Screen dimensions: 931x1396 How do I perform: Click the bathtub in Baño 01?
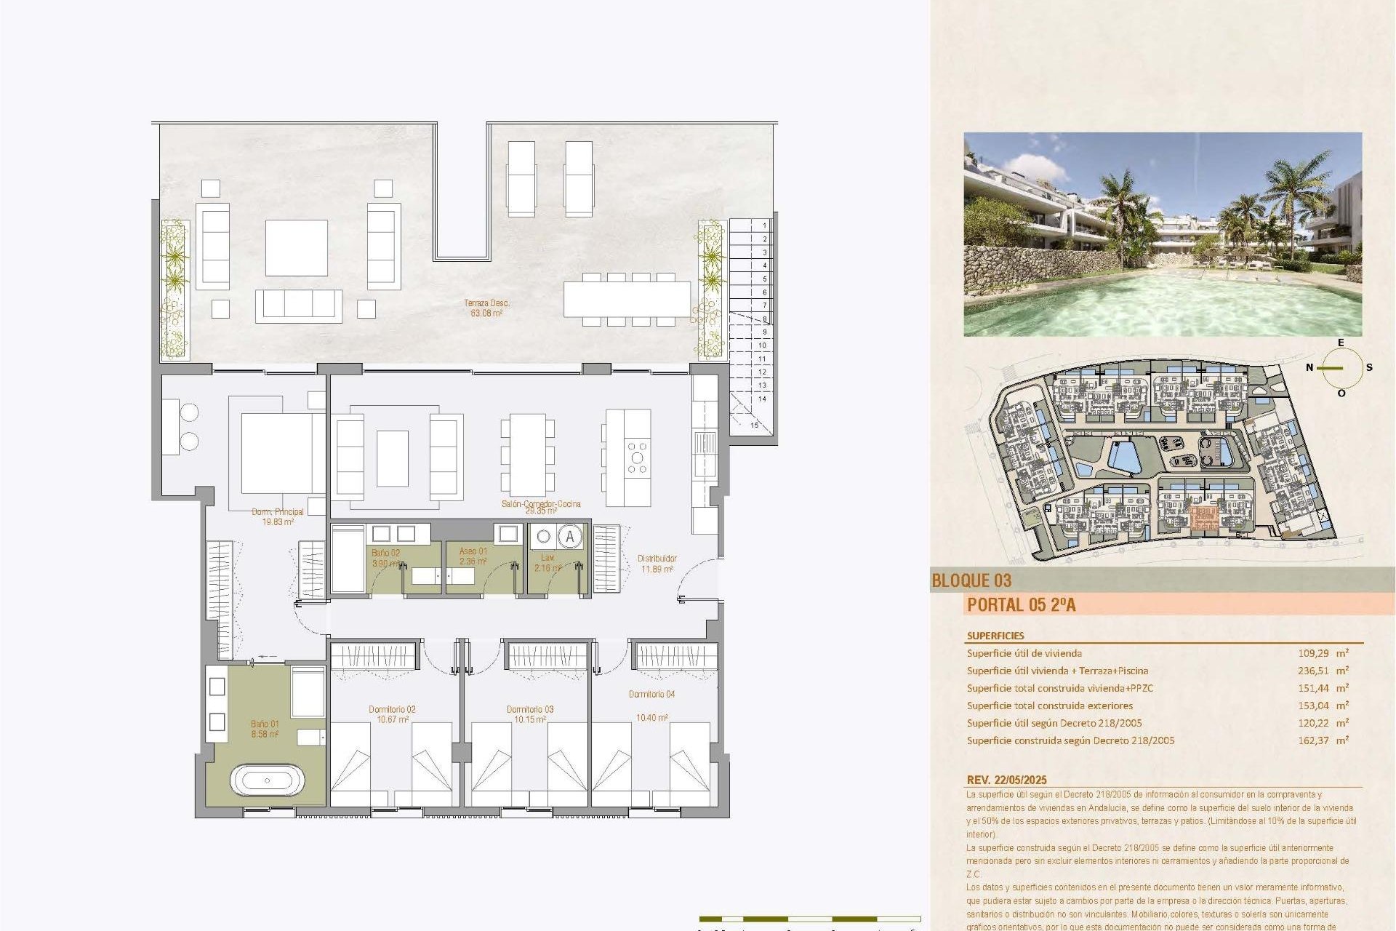pyautogui.click(x=267, y=780)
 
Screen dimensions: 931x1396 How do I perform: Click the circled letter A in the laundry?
pyautogui.click(x=570, y=538)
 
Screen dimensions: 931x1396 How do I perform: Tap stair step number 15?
pyautogui.click(x=755, y=425)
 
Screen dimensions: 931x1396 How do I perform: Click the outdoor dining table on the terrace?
pyautogui.click(x=627, y=299)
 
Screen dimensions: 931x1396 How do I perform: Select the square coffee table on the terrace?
pyautogui.click(x=296, y=247)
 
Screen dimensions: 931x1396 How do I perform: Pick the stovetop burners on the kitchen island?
pyautogui.click(x=637, y=457)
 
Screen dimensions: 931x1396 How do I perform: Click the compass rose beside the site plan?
pyautogui.click(x=1341, y=368)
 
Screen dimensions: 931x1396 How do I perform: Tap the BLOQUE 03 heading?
pyautogui.click(x=971, y=580)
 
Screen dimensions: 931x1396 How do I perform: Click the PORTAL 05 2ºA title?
pyautogui.click(x=1021, y=604)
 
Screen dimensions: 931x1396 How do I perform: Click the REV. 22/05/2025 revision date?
pyautogui.click(x=1006, y=780)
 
